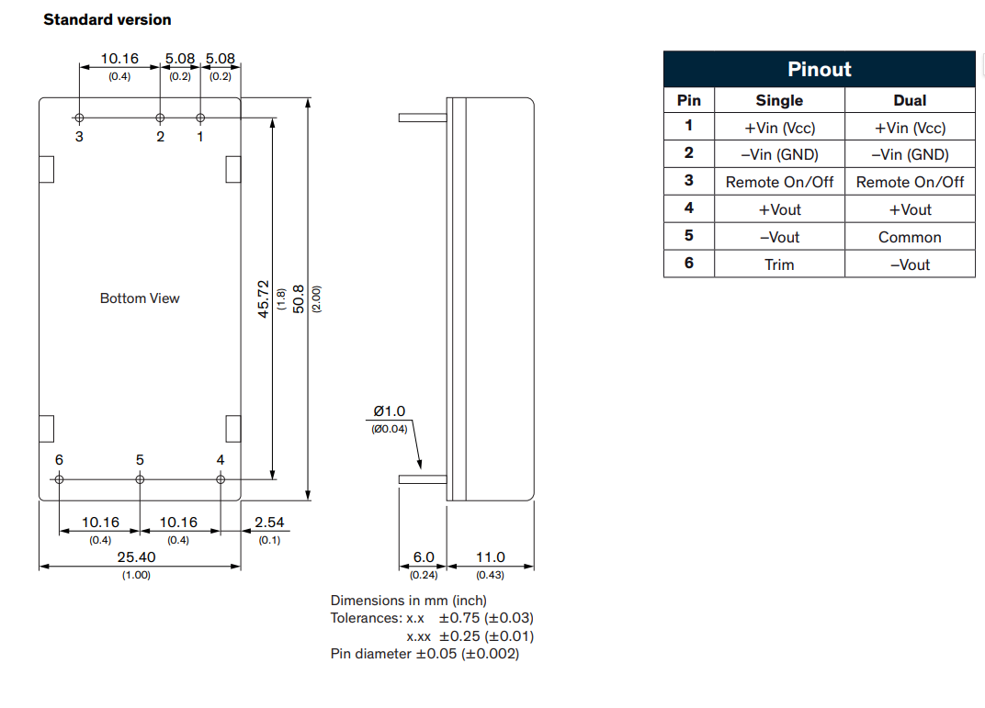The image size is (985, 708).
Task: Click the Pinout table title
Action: [x=819, y=70]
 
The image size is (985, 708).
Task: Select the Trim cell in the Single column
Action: [x=779, y=264]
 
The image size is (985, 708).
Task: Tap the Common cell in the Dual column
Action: [x=910, y=237]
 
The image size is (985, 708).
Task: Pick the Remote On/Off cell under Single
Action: [x=779, y=182]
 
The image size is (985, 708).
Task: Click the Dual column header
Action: [x=910, y=100]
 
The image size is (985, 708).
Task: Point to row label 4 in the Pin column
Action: [x=689, y=208]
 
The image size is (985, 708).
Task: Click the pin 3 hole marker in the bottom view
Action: [x=80, y=118]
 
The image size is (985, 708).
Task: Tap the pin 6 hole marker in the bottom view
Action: [x=60, y=478]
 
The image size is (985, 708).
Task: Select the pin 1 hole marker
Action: [x=201, y=118]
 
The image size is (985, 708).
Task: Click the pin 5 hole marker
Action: [x=140, y=478]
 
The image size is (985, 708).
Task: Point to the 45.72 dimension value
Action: [x=264, y=298]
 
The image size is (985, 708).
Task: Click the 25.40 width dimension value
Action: [x=137, y=556]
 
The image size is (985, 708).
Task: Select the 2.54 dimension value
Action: [x=269, y=523]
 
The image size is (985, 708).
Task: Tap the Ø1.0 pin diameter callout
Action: [x=389, y=411]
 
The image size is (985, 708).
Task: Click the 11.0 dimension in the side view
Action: [x=490, y=556]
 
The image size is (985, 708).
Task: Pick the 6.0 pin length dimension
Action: [x=423, y=556]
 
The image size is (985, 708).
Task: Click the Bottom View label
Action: [x=140, y=298]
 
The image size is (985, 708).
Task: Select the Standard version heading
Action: [x=108, y=19]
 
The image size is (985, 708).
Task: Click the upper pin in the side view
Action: [x=422, y=118]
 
